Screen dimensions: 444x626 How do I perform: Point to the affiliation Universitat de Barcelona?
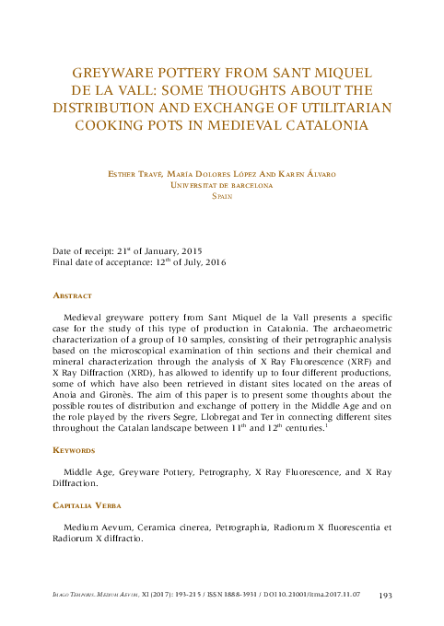point(222,184)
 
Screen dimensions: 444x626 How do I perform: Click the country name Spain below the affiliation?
point(222,196)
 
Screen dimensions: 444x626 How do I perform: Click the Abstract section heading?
point(72,296)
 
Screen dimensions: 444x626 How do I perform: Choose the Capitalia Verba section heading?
point(85,505)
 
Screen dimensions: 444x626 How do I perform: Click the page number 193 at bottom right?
point(386,597)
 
